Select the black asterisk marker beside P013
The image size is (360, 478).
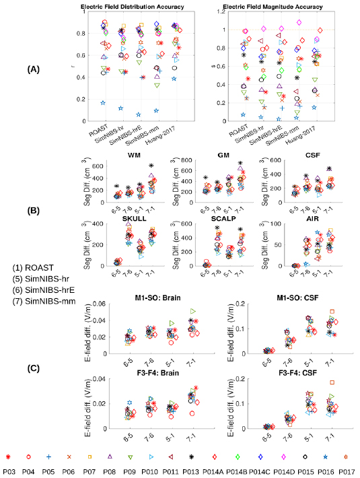191,457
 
